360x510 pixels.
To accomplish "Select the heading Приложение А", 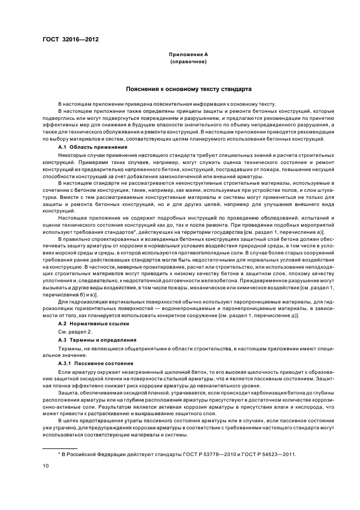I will (188, 55).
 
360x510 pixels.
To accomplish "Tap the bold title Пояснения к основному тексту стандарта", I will (188, 88).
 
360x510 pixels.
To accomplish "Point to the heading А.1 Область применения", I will (92, 147).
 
